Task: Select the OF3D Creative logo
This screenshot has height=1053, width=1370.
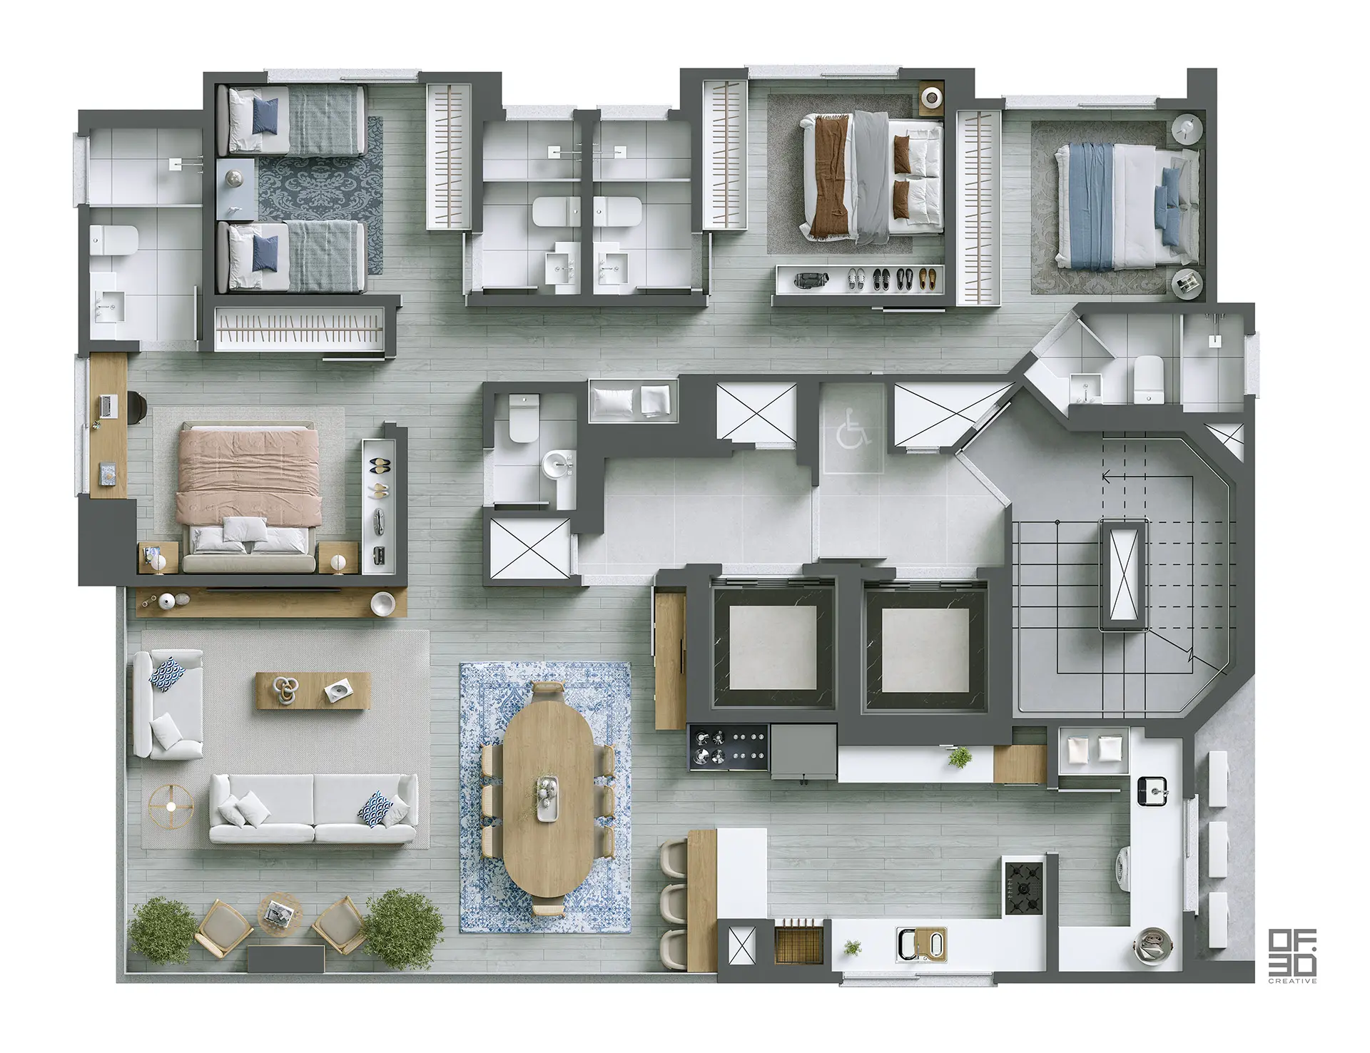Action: point(1292,957)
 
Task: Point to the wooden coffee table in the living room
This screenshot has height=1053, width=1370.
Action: point(313,689)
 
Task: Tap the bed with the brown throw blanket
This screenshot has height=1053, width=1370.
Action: point(872,176)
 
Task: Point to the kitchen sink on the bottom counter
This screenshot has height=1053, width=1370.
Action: point(921,945)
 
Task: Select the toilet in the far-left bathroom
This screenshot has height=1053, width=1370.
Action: point(113,240)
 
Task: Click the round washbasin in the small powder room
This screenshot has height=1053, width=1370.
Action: point(558,465)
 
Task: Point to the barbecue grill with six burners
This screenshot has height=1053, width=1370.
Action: point(727,748)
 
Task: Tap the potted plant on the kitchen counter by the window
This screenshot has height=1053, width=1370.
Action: point(852,947)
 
